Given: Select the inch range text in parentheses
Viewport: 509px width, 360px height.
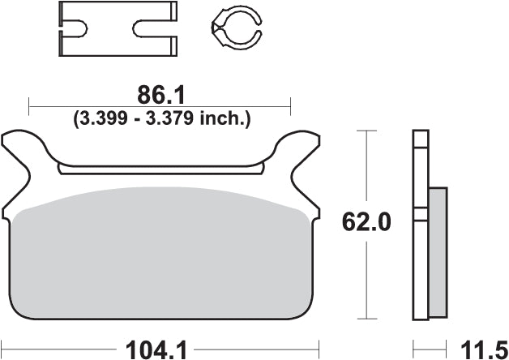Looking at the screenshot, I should (x=161, y=118).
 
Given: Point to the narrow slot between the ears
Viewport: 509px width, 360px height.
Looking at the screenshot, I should (x=162, y=169).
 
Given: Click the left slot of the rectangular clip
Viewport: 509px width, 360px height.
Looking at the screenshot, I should (x=75, y=31).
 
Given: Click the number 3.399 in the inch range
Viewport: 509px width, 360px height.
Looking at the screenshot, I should (x=101, y=118).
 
